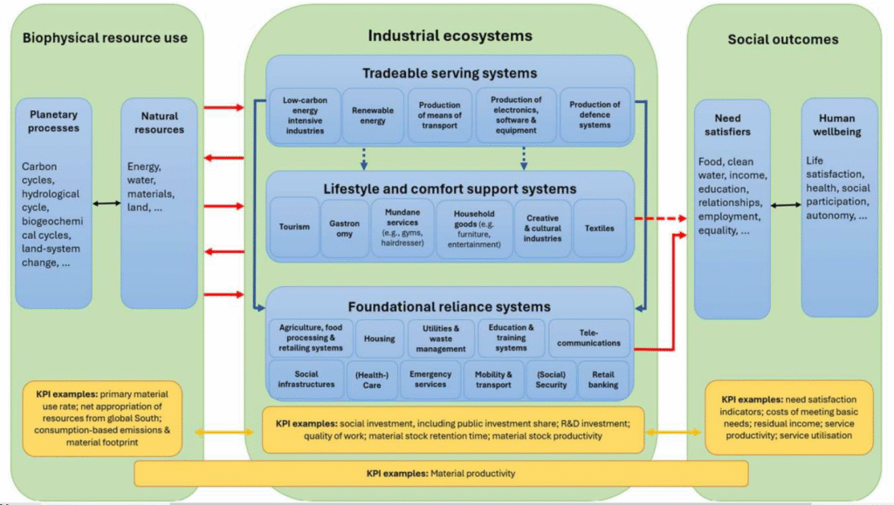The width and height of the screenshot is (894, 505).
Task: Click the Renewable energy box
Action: (373, 116)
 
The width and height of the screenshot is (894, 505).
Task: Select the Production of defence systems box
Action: (595, 115)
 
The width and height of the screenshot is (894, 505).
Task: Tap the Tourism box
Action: (294, 228)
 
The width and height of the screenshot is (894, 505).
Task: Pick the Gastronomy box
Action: (344, 228)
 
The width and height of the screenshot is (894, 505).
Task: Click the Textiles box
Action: (600, 228)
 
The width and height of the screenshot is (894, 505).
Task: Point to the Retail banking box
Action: (603, 379)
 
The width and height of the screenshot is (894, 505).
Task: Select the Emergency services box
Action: (430, 379)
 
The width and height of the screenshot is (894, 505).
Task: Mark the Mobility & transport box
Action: (493, 379)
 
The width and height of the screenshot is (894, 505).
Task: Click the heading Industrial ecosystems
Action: (450, 36)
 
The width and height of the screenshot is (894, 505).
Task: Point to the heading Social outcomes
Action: (783, 39)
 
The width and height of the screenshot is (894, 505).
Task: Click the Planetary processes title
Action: (53, 121)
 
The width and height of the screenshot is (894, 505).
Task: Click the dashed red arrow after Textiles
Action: (661, 219)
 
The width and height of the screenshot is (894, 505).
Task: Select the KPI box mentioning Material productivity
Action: (441, 473)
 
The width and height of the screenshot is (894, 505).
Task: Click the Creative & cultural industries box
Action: (543, 228)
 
